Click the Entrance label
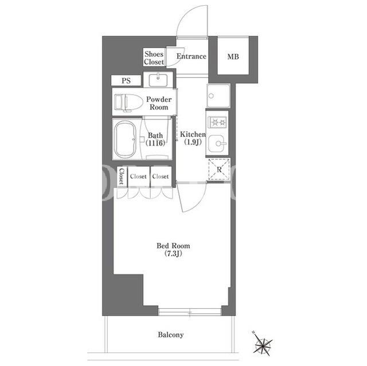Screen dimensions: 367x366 (191, 56)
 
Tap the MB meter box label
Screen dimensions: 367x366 (233, 57)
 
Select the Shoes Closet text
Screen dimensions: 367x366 (154, 58)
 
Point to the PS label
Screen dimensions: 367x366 (126, 81)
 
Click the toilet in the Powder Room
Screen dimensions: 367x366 (128, 103)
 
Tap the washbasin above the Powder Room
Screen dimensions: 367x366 (158, 80)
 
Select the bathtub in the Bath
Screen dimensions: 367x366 (125, 140)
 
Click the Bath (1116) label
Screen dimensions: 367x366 (155, 139)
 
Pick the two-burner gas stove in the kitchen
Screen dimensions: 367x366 (217, 122)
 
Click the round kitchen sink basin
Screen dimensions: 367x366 (217, 143)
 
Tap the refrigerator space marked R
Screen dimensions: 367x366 (219, 169)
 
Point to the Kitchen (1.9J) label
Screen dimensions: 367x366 (193, 138)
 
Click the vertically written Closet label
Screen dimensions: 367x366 (122, 176)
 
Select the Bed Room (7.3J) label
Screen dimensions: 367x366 (173, 249)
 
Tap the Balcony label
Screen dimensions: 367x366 (171, 334)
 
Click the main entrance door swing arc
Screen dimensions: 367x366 (188, 11)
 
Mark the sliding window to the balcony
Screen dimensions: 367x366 (190, 312)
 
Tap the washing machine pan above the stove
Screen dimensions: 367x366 (218, 96)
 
